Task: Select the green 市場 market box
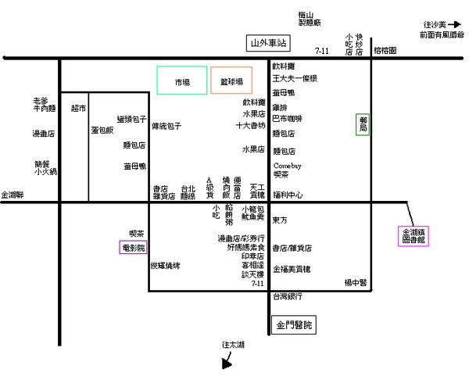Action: click(x=182, y=81)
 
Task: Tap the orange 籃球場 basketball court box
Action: click(x=231, y=81)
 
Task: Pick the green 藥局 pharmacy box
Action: click(x=363, y=124)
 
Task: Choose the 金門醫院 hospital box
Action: click(x=293, y=324)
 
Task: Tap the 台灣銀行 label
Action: click(x=286, y=296)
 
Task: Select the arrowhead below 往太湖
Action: click(x=227, y=362)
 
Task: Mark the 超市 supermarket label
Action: click(x=78, y=108)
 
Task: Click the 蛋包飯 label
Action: click(x=102, y=130)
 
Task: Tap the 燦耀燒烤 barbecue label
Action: click(x=166, y=266)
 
